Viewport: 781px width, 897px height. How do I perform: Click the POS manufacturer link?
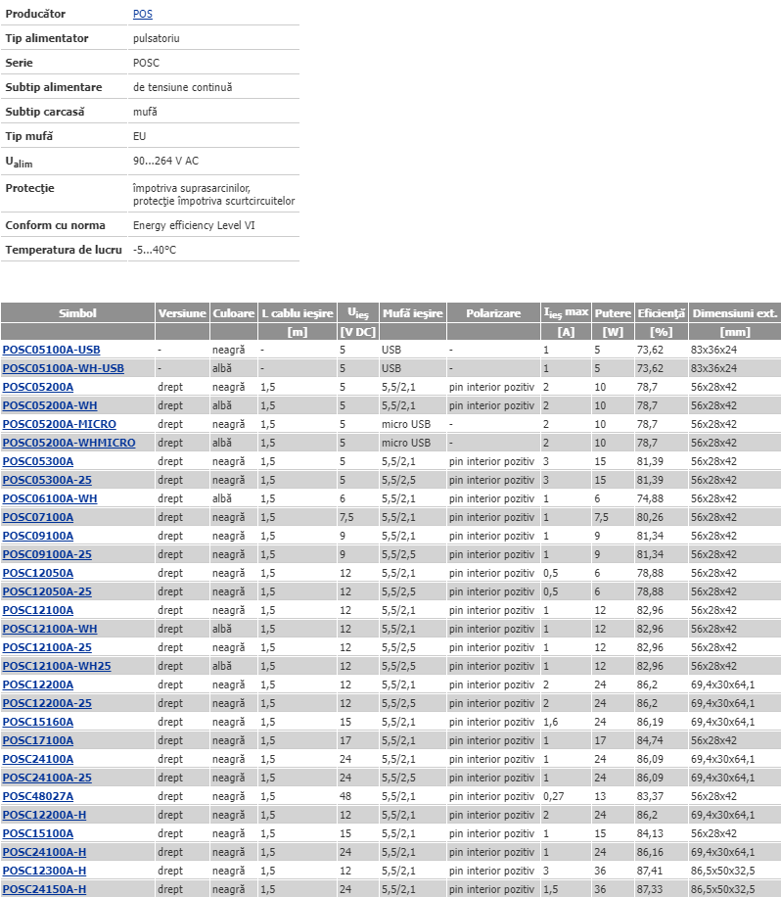point(142,15)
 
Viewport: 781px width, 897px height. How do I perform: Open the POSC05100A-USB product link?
point(51,350)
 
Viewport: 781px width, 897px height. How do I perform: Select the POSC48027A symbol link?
point(37,796)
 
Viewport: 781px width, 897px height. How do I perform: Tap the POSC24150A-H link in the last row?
point(44,889)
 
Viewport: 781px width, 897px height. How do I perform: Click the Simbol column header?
point(77,313)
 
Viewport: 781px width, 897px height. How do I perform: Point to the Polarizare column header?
point(493,313)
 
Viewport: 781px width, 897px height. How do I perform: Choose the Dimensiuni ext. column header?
point(734,313)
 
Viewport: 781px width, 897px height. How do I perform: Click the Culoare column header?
point(233,313)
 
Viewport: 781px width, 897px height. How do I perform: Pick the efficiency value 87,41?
point(650,871)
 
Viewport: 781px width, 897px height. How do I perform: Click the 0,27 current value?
point(553,796)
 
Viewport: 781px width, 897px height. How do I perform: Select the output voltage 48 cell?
point(345,796)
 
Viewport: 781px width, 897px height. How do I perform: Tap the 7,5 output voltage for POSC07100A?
point(346,517)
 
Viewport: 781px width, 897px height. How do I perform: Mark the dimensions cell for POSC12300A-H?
point(722,871)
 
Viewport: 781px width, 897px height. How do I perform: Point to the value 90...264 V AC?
point(165,160)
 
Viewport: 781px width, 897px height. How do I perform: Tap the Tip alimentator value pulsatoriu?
point(157,38)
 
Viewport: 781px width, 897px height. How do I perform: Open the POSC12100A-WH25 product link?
point(57,666)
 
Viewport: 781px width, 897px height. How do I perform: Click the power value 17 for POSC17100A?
point(600,740)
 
